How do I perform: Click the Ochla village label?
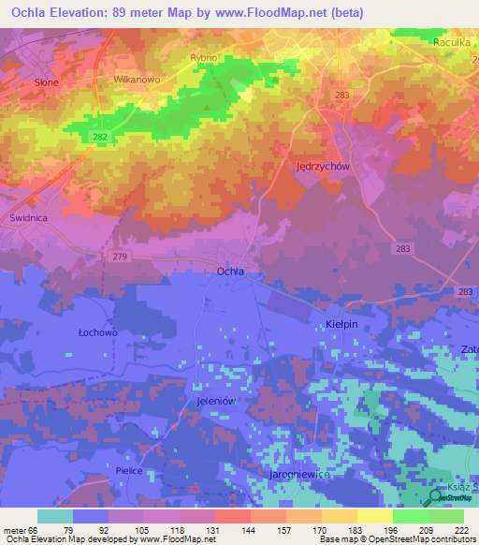[230, 271]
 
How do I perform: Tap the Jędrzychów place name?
[323, 166]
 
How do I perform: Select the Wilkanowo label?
[138, 81]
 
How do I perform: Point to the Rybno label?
[203, 58]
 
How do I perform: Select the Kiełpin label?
[341, 323]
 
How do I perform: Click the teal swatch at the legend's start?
[55, 516]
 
